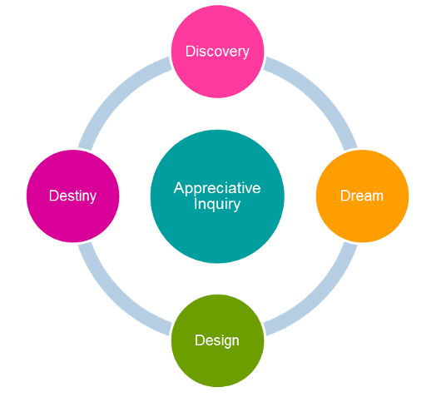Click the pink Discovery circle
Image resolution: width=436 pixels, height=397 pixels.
click(217, 52)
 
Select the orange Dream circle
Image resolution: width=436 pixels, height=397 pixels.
click(362, 196)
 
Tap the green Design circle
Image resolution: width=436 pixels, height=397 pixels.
click(217, 340)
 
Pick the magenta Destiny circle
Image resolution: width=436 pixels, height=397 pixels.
click(73, 196)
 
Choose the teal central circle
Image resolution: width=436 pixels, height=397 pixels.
click(217, 196)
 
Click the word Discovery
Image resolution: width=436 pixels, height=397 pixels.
click(217, 52)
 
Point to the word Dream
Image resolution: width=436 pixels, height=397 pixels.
click(362, 196)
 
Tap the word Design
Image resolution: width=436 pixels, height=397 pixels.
click(217, 341)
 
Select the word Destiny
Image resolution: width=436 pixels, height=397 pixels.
click(73, 196)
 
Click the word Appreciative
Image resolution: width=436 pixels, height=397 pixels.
click(217, 189)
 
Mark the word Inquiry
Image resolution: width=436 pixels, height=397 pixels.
click(217, 205)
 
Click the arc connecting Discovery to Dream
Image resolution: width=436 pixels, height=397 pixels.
click(320, 94)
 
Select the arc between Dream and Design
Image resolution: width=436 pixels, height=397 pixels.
click(320, 298)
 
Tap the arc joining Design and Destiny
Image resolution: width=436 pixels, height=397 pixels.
click(115, 298)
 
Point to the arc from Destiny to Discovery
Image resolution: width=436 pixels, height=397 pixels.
click(115, 94)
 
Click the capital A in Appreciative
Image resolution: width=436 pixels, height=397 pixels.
click(179, 188)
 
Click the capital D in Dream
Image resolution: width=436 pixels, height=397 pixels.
click(345, 196)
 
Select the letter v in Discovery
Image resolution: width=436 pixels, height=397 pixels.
click(225, 53)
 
